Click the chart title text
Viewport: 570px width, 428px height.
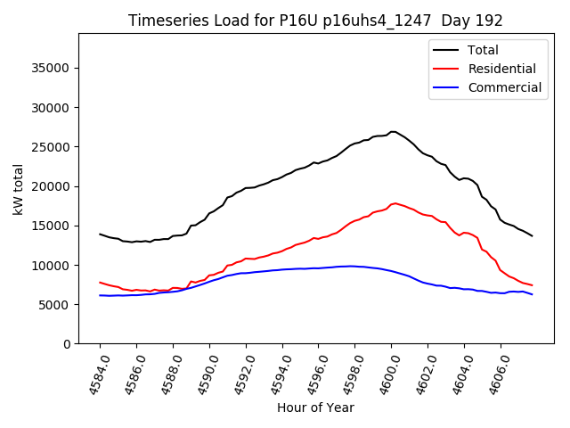(315, 21)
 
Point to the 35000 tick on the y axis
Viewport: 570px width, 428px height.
(51, 68)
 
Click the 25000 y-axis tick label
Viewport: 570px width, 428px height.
(51, 147)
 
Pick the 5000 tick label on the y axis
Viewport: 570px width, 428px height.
(54, 305)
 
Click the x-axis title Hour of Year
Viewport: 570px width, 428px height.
(315, 407)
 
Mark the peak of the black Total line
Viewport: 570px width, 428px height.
(393, 132)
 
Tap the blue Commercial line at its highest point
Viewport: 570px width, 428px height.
(353, 266)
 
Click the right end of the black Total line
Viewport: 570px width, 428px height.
(533, 235)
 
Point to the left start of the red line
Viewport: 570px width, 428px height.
(100, 282)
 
